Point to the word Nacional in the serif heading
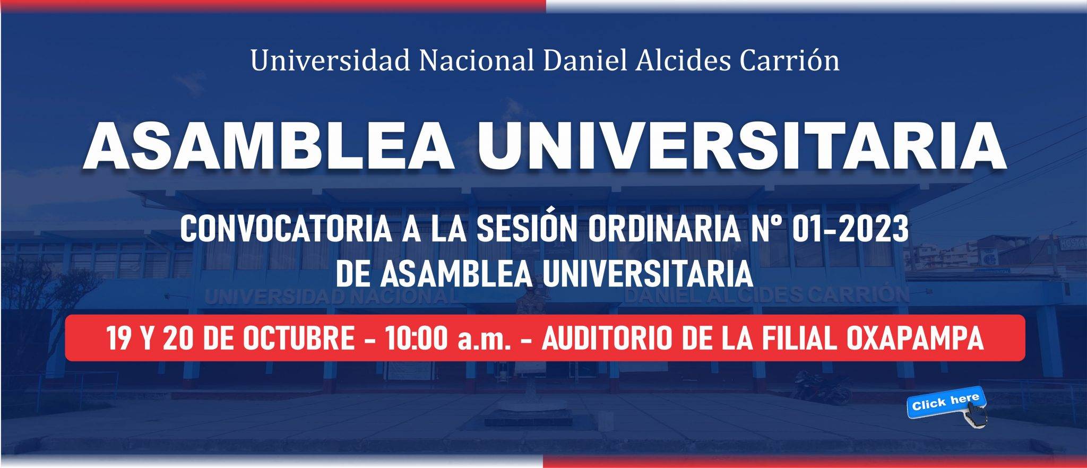(x=477, y=60)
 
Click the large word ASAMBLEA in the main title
(x=269, y=145)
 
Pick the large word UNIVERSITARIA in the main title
(x=741, y=145)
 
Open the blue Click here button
(x=946, y=402)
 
